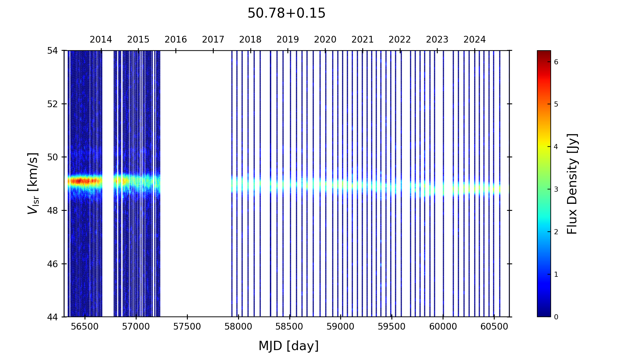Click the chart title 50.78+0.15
click(286, 13)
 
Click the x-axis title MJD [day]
click(288, 346)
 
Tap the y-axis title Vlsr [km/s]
click(33, 183)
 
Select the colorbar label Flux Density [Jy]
click(572, 184)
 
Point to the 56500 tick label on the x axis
click(85, 327)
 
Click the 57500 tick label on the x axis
click(187, 327)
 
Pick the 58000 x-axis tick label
click(238, 327)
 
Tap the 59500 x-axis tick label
click(392, 327)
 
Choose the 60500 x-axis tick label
click(494, 327)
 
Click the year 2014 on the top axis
click(101, 40)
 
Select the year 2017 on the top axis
click(213, 40)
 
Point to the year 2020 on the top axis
click(325, 40)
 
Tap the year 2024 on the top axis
click(475, 40)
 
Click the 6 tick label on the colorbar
click(556, 62)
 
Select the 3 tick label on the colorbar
click(556, 189)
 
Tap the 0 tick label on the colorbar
click(556, 317)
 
